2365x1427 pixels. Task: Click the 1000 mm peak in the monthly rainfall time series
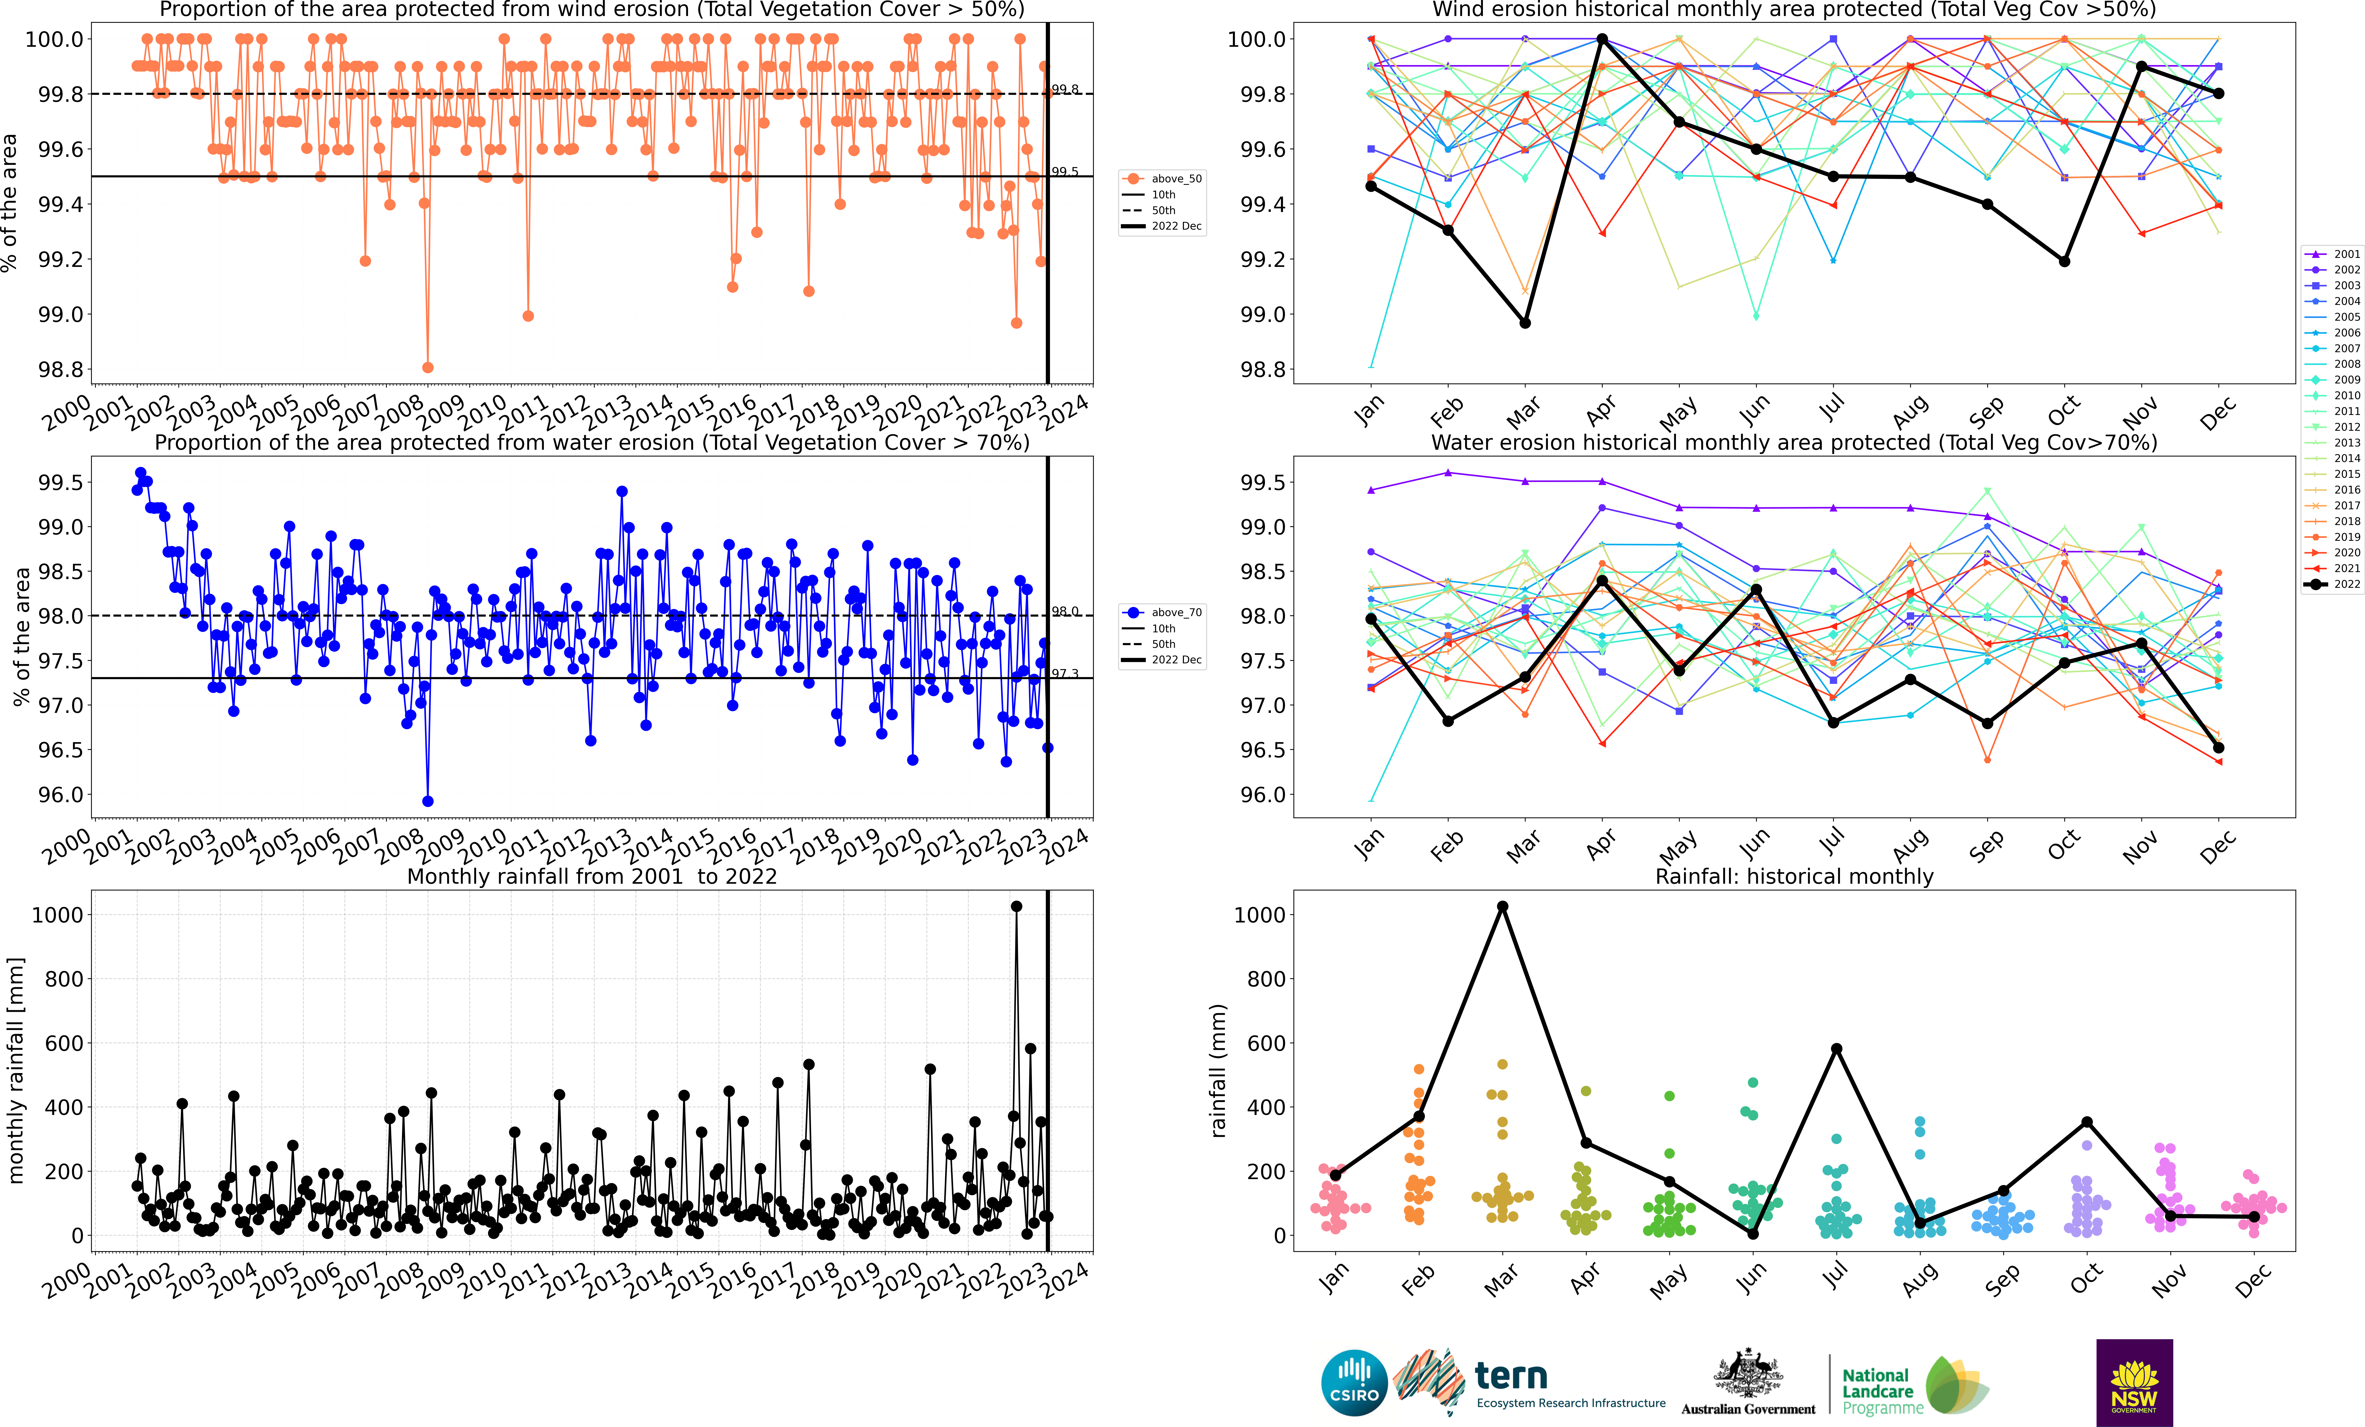click(1017, 906)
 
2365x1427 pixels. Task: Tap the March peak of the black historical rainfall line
click(1502, 907)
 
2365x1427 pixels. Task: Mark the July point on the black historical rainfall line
click(1836, 1049)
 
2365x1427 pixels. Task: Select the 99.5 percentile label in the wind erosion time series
click(1065, 172)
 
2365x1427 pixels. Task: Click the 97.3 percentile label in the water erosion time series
click(1065, 674)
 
